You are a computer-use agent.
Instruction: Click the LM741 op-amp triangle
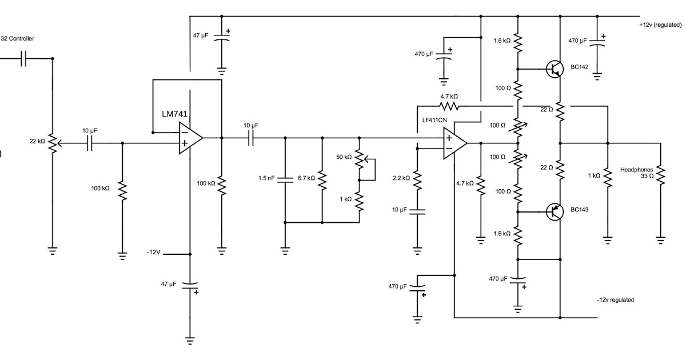pyautogui.click(x=189, y=138)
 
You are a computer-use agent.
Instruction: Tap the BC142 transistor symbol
pyautogui.click(x=553, y=69)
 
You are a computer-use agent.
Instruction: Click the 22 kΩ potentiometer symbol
pyautogui.click(x=52, y=143)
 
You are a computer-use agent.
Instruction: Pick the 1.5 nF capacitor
pyautogui.click(x=285, y=178)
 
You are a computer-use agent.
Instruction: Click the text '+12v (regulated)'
pyautogui.click(x=660, y=25)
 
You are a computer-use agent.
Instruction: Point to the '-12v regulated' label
pyautogui.click(x=615, y=299)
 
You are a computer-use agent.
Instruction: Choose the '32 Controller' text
pyautogui.click(x=17, y=39)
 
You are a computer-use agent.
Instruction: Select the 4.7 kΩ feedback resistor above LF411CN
pyautogui.click(x=449, y=106)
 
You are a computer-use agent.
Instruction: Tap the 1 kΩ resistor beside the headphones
pyautogui.click(x=608, y=176)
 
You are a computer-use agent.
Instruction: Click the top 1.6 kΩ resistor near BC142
pyautogui.click(x=518, y=41)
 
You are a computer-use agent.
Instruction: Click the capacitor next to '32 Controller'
pyautogui.click(x=23, y=58)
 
